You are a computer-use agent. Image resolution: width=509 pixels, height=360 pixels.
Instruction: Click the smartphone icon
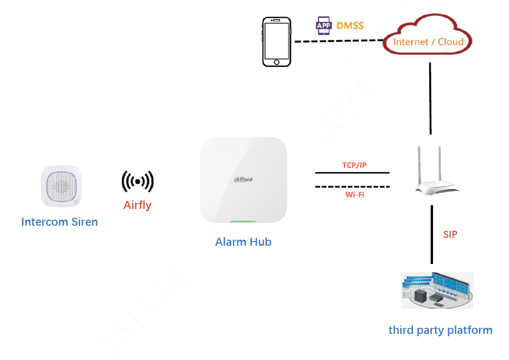[276, 42]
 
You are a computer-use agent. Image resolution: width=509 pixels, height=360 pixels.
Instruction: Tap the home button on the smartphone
[276, 62]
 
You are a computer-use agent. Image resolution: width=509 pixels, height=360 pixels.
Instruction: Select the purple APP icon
[324, 25]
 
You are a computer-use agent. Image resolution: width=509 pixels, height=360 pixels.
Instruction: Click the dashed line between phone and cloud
[338, 41]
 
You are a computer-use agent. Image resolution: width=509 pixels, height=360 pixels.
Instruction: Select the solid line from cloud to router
[430, 98]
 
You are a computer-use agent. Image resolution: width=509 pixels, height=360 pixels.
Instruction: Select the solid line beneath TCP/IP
[352, 173]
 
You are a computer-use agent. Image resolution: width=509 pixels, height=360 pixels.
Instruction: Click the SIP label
[450, 235]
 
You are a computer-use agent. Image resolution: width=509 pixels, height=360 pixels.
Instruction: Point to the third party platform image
[437, 290]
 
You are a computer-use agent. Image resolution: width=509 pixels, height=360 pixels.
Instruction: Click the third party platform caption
[440, 330]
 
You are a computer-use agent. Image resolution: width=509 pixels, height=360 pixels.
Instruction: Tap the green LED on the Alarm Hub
[243, 222]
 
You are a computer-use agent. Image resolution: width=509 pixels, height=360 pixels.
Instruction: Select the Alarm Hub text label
[243, 242]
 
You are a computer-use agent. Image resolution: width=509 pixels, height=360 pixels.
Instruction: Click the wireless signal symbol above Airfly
[138, 181]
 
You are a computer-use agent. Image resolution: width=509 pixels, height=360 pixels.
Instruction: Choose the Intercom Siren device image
[62, 186]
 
